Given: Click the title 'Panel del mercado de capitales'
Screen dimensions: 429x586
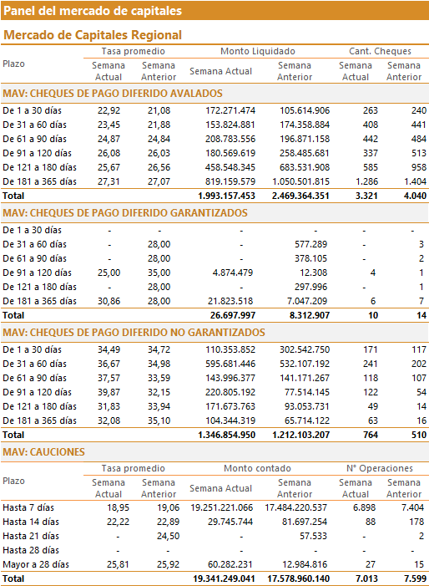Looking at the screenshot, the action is [93, 11].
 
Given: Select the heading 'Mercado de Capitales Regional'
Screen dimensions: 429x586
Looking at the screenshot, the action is [93, 35].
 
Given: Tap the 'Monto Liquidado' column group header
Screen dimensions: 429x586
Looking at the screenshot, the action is [257, 51].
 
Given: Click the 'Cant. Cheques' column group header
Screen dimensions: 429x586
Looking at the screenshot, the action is [380, 51].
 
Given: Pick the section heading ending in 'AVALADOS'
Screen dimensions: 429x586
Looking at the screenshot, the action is [113, 94].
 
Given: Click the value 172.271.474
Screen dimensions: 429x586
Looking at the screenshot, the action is [230, 110].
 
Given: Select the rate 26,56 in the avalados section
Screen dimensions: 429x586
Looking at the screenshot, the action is [159, 167].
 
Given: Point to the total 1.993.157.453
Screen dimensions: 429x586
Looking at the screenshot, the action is [226, 196].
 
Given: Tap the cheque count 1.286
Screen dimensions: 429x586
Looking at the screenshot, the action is [366, 181].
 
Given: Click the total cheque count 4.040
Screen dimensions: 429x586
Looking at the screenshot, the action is [415, 196].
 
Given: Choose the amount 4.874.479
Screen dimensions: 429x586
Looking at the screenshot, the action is [232, 273].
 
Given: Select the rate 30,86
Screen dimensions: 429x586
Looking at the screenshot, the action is [109, 301].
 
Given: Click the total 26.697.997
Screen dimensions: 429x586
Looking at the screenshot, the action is [232, 315].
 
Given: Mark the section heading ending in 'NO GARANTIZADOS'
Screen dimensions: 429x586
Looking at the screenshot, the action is [134, 333].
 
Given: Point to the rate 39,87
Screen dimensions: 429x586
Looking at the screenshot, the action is [109, 392].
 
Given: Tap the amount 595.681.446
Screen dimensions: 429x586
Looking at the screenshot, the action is [230, 364].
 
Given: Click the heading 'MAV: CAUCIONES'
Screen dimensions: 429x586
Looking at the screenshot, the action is [43, 452].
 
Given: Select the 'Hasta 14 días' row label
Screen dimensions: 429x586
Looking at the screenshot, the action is [31, 522].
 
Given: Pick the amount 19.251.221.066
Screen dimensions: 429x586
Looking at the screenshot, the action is [221, 508].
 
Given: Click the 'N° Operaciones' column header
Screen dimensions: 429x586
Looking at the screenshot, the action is [380, 468].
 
